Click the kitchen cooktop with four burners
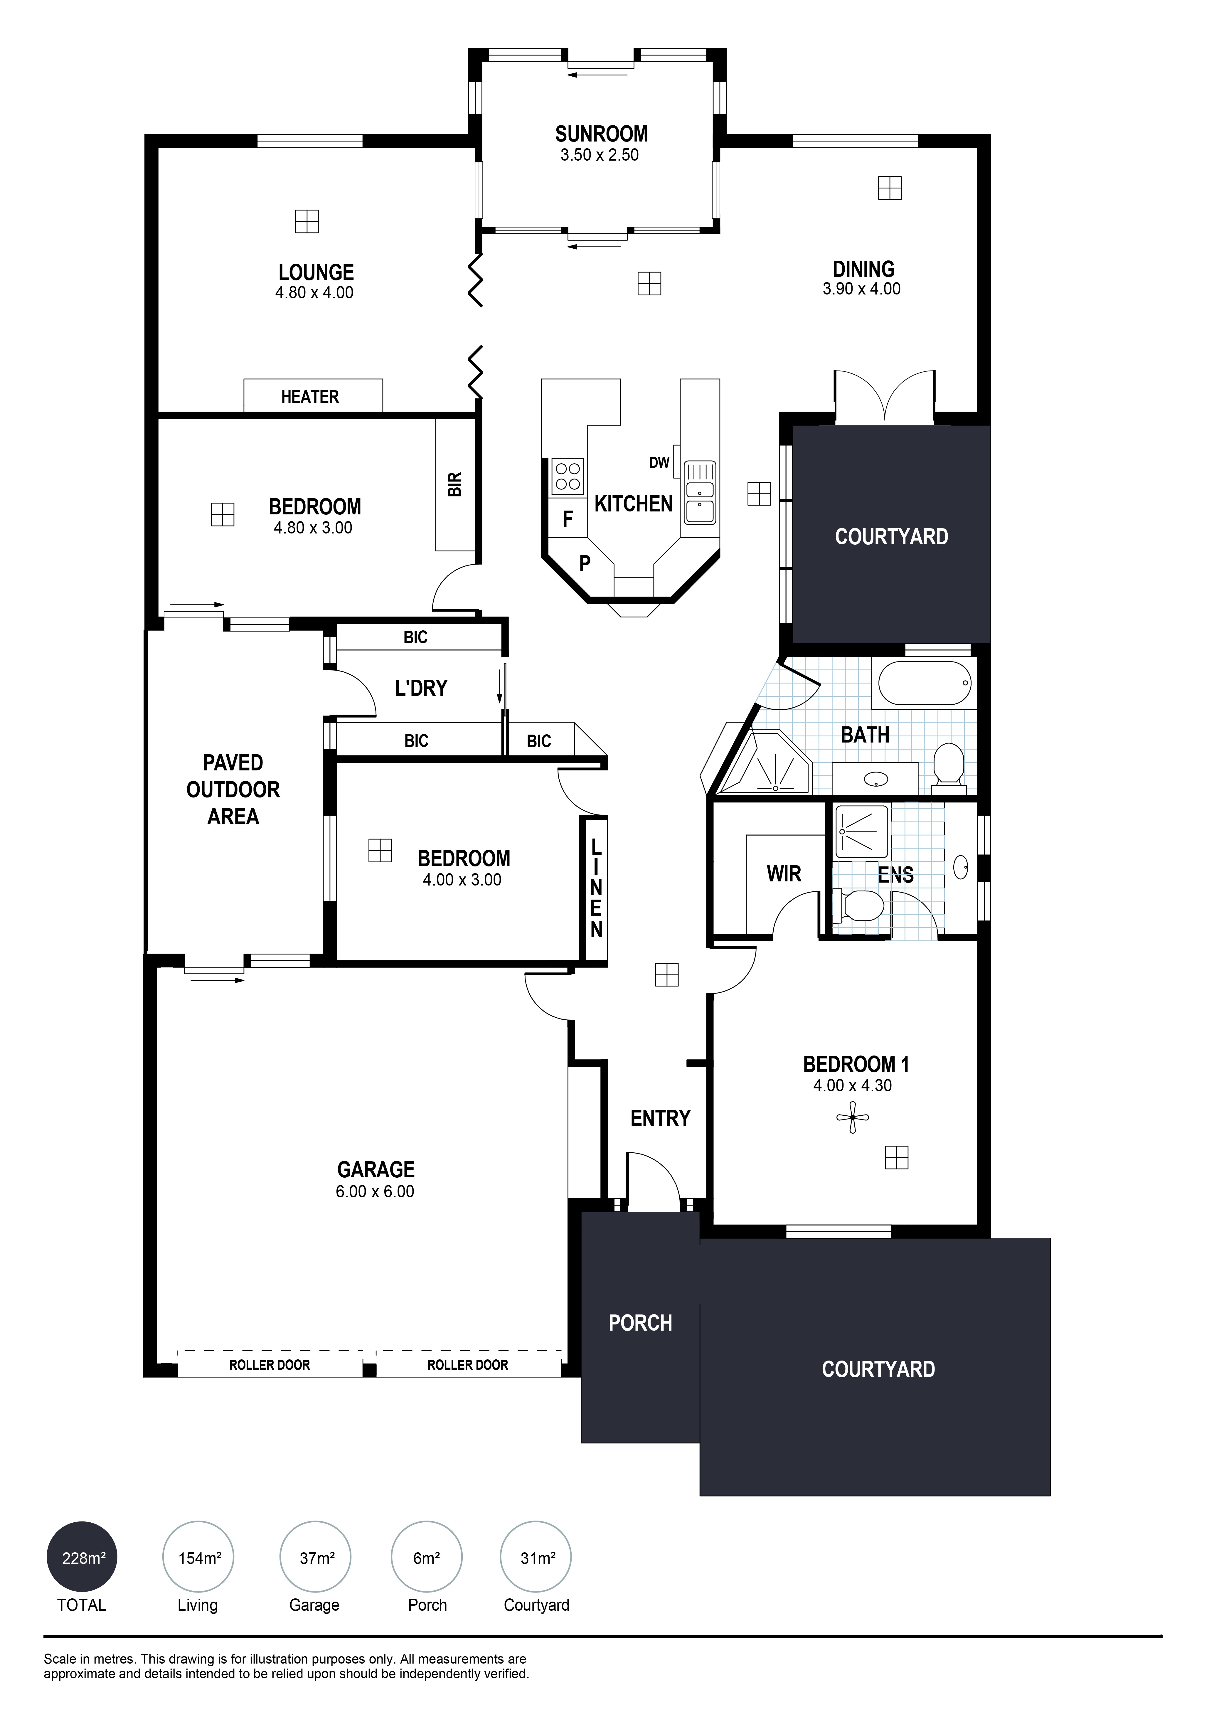tap(568, 476)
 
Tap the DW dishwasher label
tap(659, 463)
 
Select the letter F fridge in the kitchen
tap(568, 519)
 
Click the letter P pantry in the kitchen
tap(585, 563)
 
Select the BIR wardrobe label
tap(455, 484)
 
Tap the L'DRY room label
tap(421, 688)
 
